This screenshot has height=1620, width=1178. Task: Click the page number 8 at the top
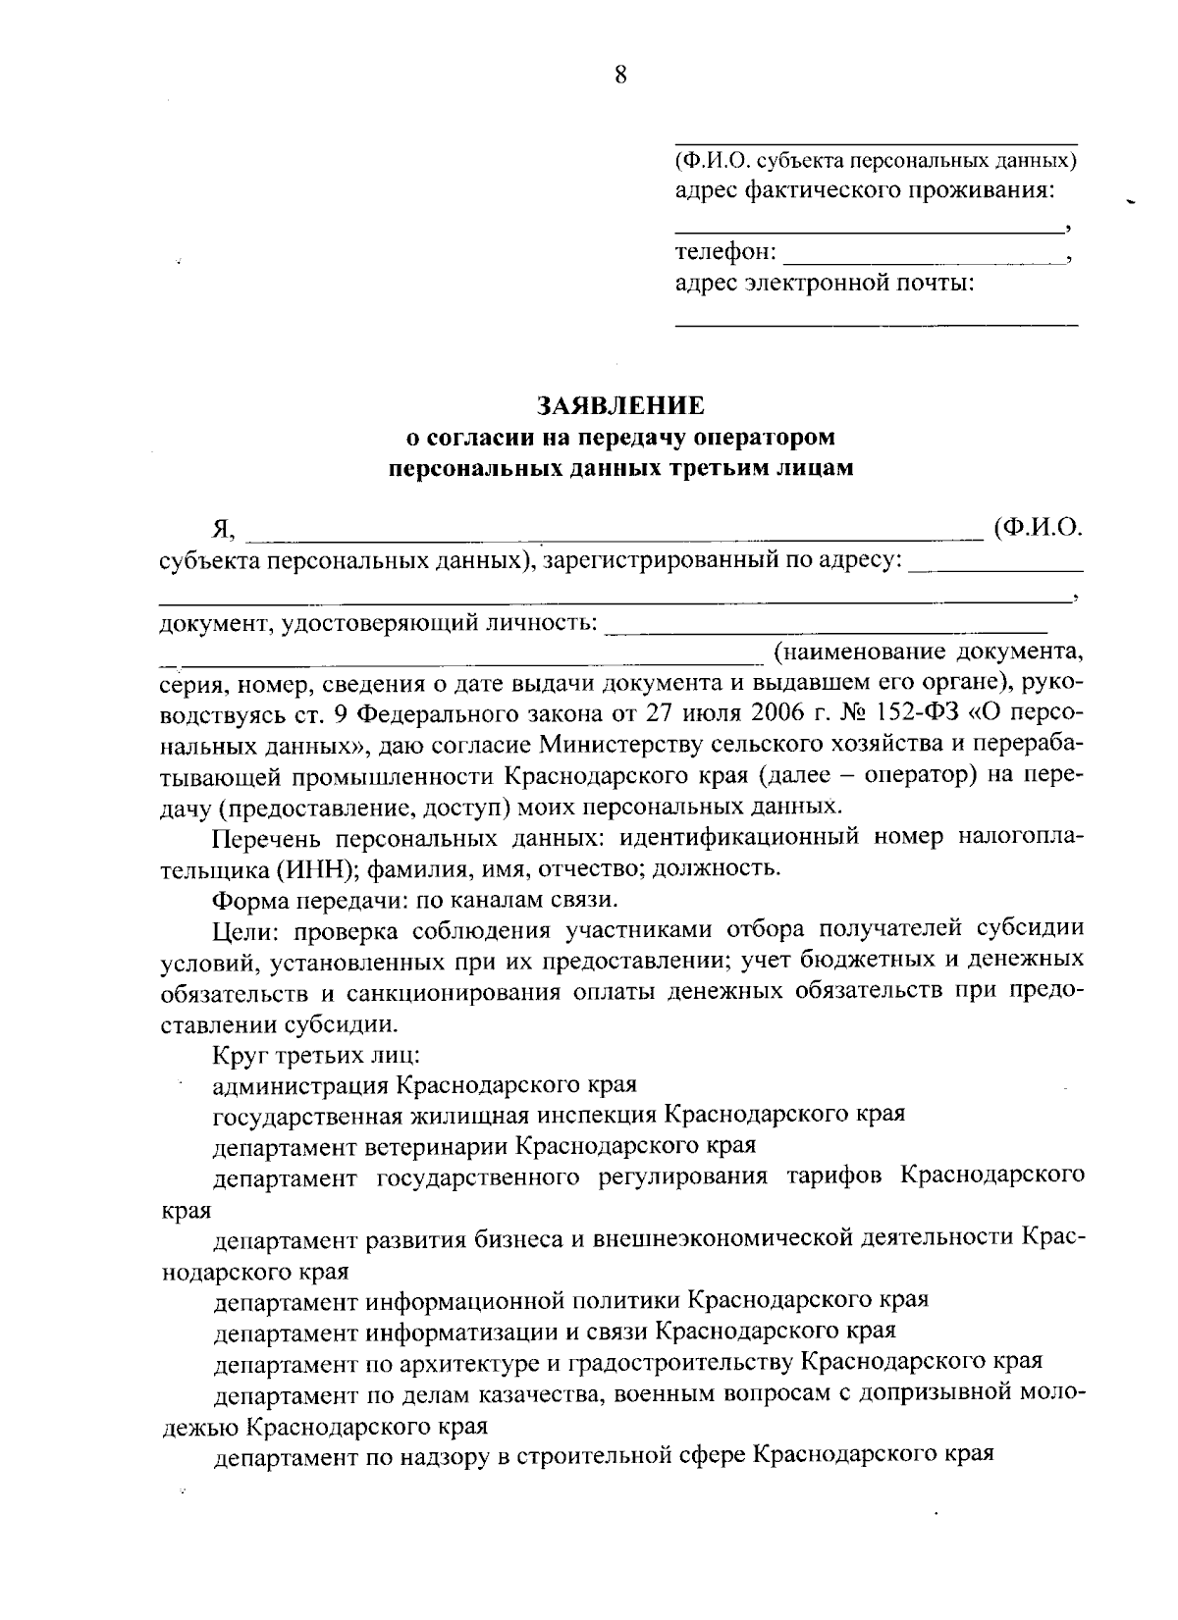coord(620,75)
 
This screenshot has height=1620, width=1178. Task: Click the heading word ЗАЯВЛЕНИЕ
coord(620,404)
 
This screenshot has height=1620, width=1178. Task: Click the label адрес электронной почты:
coord(825,285)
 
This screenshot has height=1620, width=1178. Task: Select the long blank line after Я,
coord(614,535)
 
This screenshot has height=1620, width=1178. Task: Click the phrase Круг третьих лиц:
coord(316,1056)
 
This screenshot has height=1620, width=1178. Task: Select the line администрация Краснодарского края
coord(425,1085)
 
